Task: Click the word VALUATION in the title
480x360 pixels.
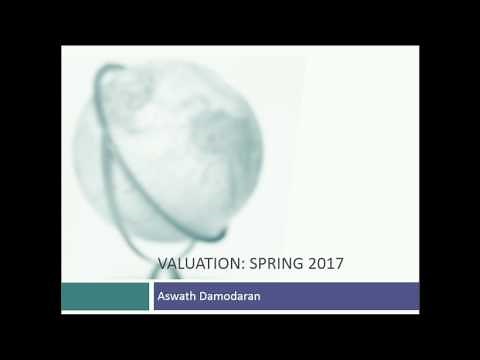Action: click(198, 264)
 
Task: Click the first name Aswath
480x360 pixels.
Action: click(176, 297)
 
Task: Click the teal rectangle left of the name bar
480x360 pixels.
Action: click(105, 296)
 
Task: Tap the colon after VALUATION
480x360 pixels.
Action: click(240, 265)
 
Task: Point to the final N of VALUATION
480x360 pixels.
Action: click(233, 264)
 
